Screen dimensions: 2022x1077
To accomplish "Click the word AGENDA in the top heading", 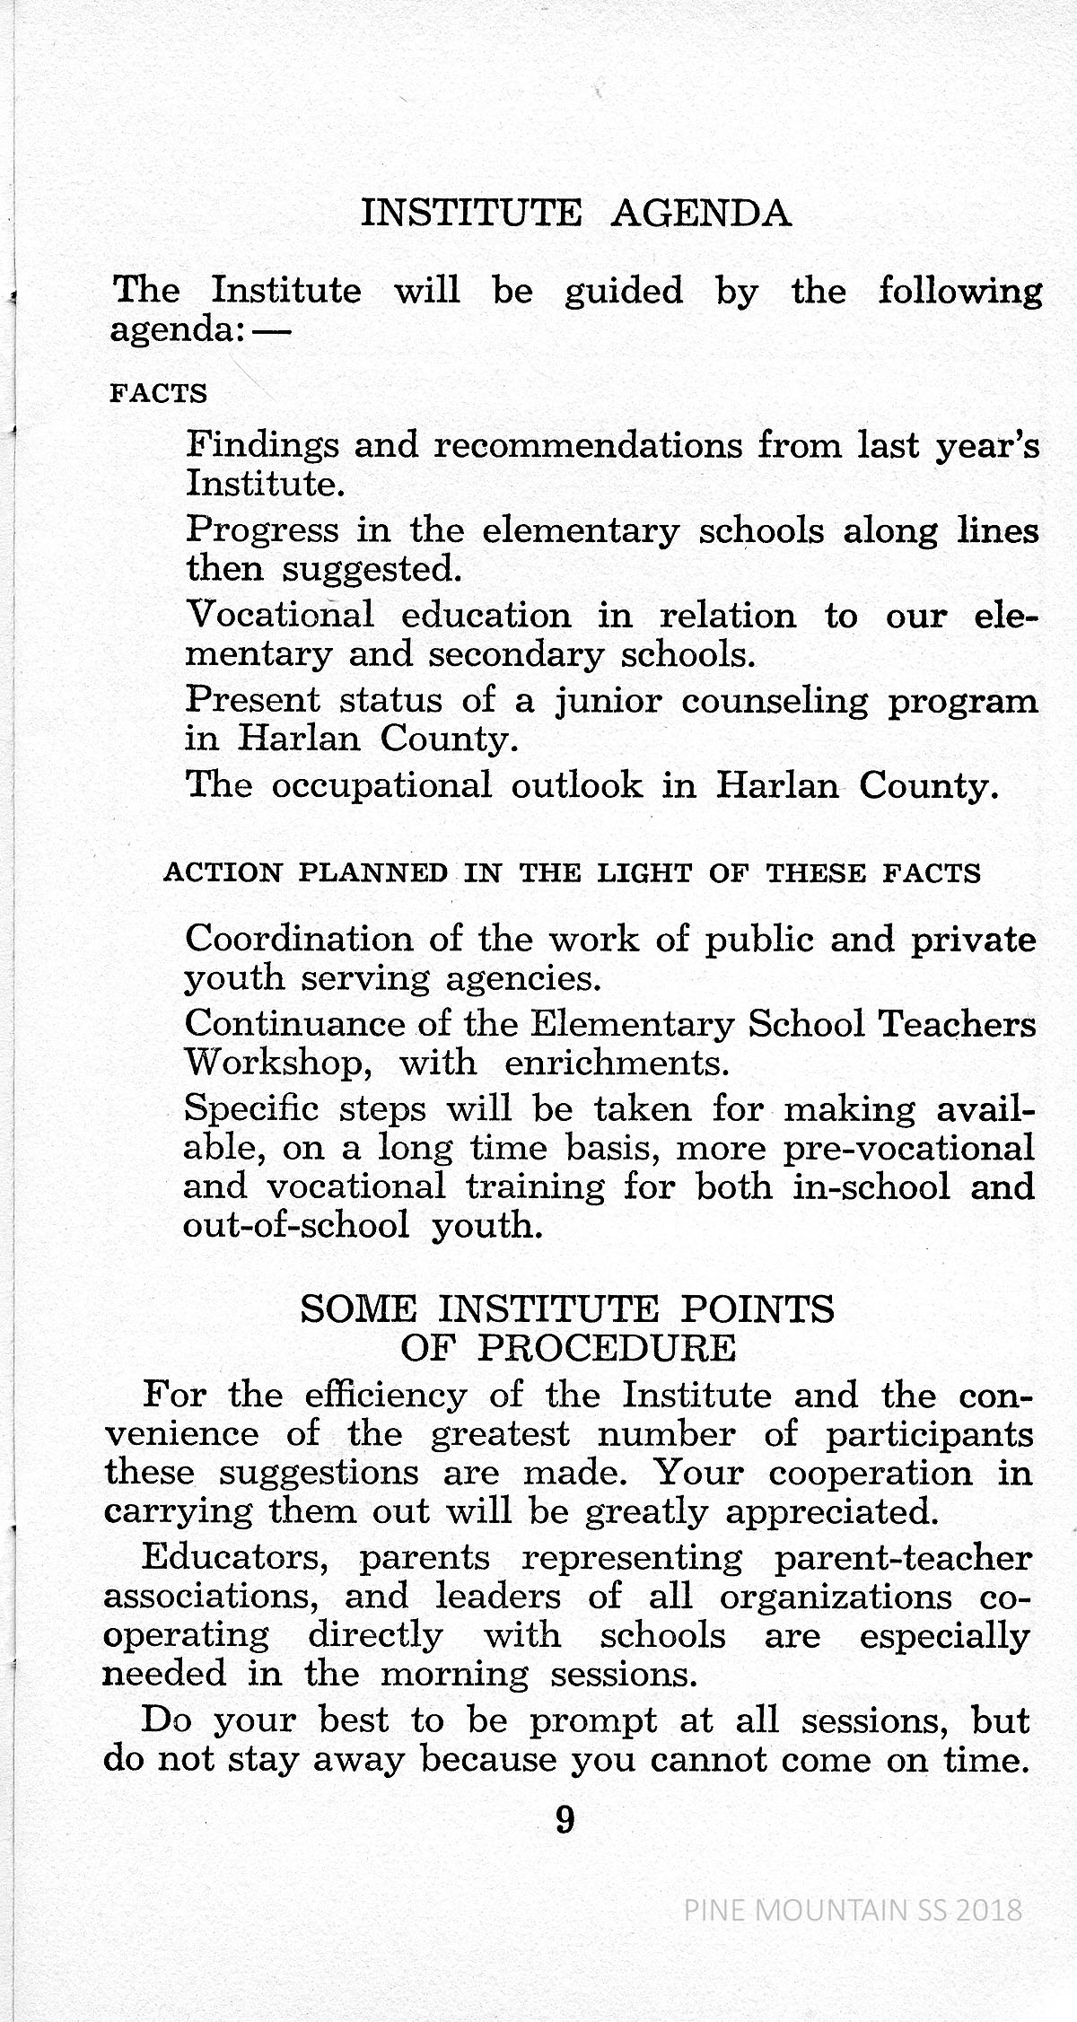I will click(x=701, y=214).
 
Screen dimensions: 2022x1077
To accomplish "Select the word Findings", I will click(x=262, y=446).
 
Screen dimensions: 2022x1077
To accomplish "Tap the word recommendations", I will click(x=588, y=445).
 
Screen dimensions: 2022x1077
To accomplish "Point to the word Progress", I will click(x=262, y=531).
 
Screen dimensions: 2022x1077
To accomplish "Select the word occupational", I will click(x=381, y=785).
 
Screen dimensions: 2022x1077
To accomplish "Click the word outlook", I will click(x=577, y=785).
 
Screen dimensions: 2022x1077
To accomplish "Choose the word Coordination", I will click(x=298, y=939).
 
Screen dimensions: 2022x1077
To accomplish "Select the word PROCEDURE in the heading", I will click(x=607, y=1348).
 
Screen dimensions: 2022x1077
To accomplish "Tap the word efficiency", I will click(x=386, y=1396).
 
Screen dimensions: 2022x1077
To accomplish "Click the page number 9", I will click(x=565, y=1819).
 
